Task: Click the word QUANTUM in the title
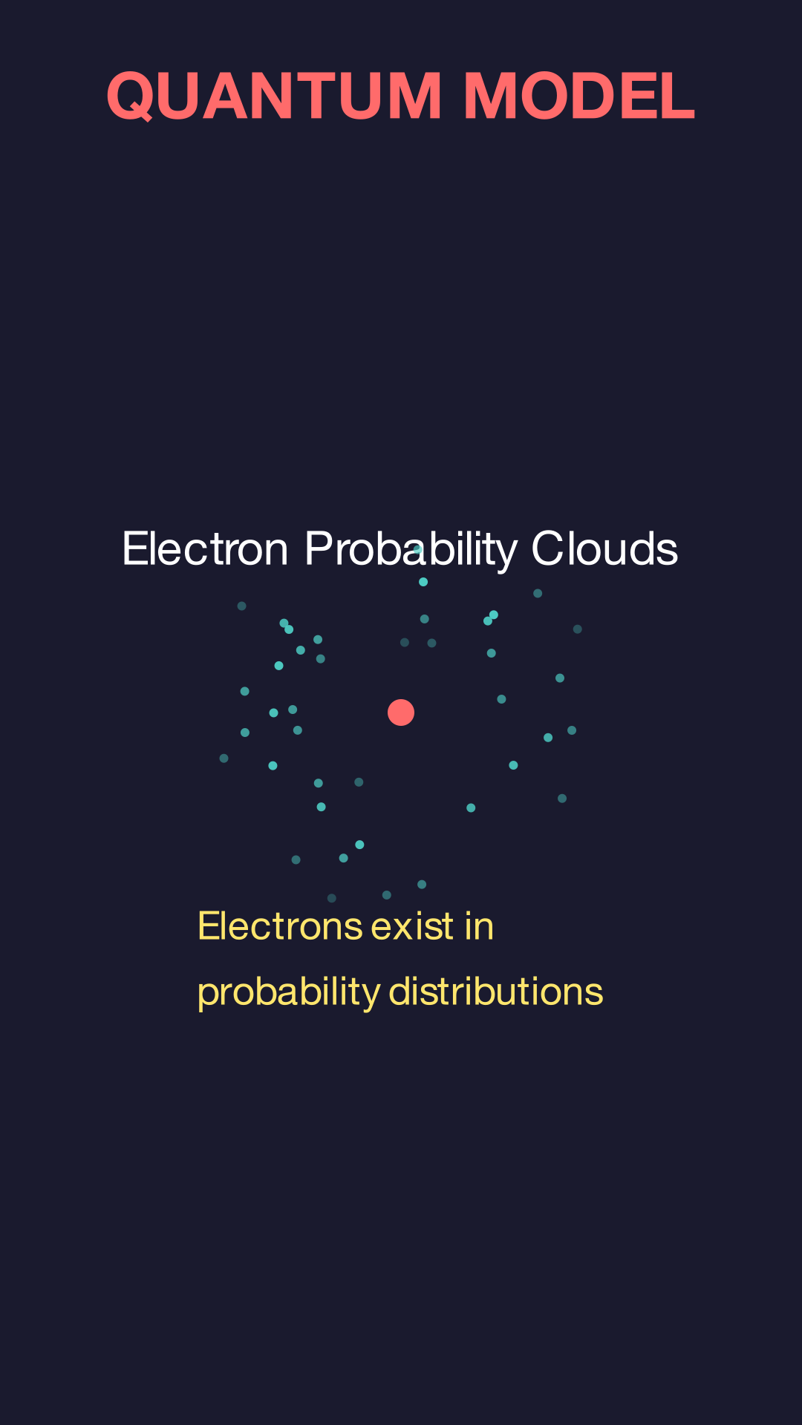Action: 275,96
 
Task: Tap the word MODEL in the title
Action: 579,96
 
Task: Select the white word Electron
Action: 205,549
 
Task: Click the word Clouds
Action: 604,548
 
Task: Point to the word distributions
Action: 496,992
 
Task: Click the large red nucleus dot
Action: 401,712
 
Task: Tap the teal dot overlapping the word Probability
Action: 418,550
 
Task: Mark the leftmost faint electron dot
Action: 224,759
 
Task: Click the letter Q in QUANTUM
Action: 131,96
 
